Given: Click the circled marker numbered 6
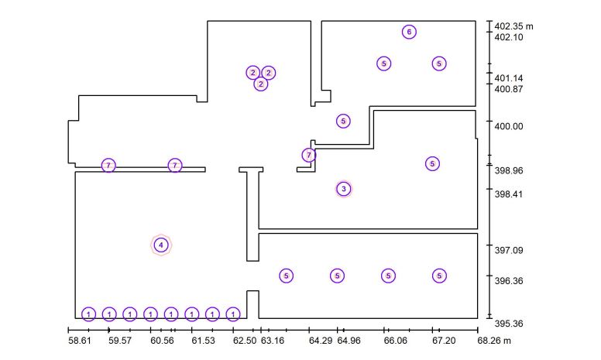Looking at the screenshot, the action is tap(409, 32).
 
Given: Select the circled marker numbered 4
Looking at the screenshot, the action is tap(161, 245).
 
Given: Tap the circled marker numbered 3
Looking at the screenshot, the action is tap(343, 189).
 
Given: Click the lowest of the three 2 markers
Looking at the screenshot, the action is tap(261, 84).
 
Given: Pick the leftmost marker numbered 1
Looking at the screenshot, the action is tap(88, 314).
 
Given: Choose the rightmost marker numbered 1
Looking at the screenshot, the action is tap(233, 314).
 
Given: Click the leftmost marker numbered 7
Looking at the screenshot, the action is tap(108, 166).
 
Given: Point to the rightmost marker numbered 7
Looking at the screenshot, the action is tap(309, 155).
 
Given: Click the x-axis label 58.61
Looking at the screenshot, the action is tap(80, 341).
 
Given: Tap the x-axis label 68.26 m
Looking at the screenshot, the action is tap(494, 341).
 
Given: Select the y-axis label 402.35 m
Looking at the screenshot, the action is tap(513, 26).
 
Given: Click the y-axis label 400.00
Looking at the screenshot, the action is tap(509, 126).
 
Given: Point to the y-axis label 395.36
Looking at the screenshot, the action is tap(509, 324).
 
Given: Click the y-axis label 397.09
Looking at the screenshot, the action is tap(509, 250).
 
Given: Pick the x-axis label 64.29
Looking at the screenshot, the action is tap(321, 341).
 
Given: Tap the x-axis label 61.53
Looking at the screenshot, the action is tap(203, 341).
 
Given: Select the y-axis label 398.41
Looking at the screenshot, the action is tap(509, 194).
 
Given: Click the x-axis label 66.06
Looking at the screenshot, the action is tap(396, 341).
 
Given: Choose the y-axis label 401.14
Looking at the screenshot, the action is tap(509, 78).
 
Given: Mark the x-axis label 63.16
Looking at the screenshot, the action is tap(273, 341).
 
